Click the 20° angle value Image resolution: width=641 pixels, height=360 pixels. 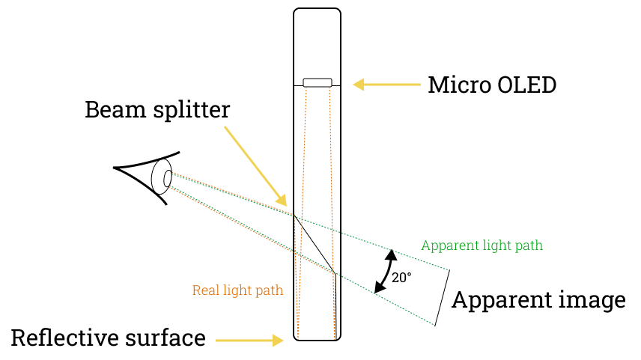pyautogui.click(x=401, y=278)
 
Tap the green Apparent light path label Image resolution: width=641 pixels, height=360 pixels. pyautogui.click(x=481, y=245)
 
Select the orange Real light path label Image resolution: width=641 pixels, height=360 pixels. pyautogui.click(x=237, y=290)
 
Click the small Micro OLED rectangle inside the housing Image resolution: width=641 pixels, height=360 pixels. pyautogui.click(x=317, y=82)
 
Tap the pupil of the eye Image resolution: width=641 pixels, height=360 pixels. pyautogui.click(x=168, y=178)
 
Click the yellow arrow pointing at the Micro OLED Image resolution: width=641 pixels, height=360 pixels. pyautogui.click(x=387, y=85)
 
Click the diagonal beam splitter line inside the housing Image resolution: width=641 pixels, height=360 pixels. pyautogui.click(x=315, y=245)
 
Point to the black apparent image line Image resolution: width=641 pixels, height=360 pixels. pyautogui.click(x=442, y=297)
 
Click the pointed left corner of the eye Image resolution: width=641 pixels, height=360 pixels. pyautogui.click(x=115, y=168)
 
